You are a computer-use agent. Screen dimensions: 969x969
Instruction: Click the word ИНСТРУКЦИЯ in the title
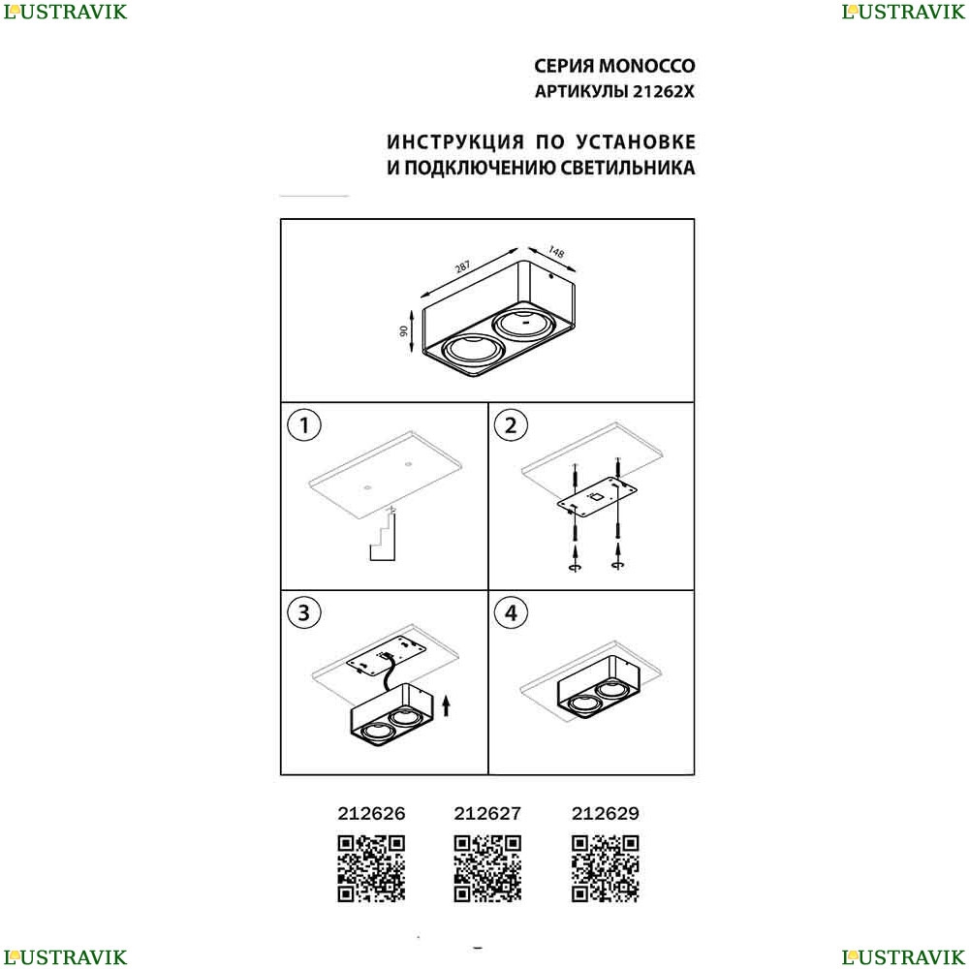(455, 142)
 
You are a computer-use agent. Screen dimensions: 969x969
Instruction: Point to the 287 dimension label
(462, 267)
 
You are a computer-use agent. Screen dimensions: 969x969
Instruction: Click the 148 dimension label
(556, 252)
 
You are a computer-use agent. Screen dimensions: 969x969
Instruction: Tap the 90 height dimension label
(404, 331)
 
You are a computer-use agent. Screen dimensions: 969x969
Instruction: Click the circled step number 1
(304, 425)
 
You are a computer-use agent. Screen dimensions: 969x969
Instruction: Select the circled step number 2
(511, 425)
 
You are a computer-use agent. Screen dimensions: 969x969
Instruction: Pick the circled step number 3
(304, 612)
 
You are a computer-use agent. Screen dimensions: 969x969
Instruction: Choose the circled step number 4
(511, 612)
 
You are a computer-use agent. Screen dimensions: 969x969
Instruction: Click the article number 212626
(371, 813)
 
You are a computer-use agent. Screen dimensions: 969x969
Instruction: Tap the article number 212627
(487, 813)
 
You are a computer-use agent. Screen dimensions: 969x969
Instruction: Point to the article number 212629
(605, 813)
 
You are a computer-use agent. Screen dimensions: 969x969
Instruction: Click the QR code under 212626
(371, 868)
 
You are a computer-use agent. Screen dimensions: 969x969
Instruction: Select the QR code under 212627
(487, 868)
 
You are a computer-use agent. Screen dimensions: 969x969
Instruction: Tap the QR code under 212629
(605, 868)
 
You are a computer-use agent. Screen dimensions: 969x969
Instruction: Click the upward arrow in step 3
(447, 705)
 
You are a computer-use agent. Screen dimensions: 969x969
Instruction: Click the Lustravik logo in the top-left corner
(65, 12)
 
